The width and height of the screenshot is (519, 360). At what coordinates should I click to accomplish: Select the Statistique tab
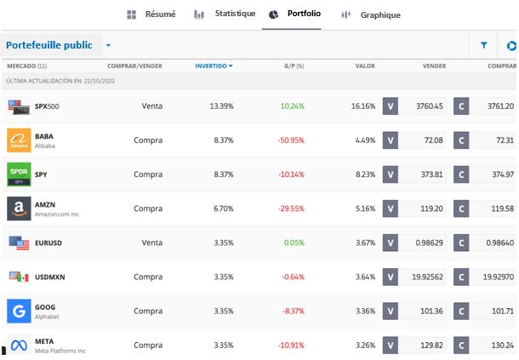tap(225, 14)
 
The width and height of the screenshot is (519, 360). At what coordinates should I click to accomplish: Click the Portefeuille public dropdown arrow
tap(108, 46)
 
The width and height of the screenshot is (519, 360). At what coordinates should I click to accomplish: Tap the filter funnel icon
tap(484, 45)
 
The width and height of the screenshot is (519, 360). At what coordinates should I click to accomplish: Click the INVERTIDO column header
tap(214, 66)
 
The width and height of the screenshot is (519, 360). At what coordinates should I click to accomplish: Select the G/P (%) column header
tap(294, 66)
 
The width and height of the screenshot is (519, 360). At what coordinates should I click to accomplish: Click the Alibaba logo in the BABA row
tap(19, 140)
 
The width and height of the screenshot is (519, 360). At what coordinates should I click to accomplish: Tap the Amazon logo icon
tap(19, 209)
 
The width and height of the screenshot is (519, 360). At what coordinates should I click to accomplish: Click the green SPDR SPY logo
tap(19, 174)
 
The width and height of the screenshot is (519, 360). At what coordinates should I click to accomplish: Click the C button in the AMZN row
tap(462, 209)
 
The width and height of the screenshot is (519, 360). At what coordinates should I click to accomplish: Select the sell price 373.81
tap(427, 174)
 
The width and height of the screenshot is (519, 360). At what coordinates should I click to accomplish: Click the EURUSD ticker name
tap(48, 243)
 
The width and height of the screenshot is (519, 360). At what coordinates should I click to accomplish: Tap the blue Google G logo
tap(19, 311)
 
